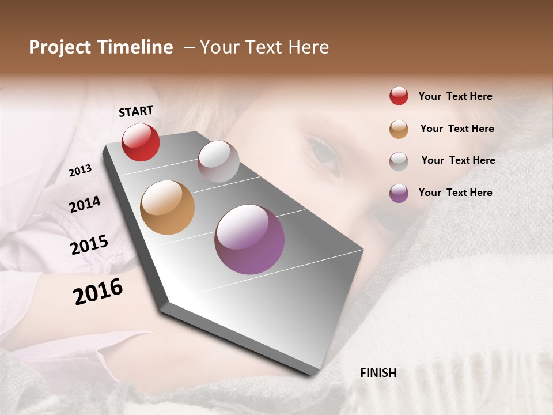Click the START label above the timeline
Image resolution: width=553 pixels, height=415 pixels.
pyautogui.click(x=136, y=111)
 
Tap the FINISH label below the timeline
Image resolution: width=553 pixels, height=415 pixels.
pyautogui.click(x=378, y=373)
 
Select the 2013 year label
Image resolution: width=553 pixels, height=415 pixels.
pyautogui.click(x=80, y=170)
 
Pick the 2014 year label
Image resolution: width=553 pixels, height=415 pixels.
pyautogui.click(x=85, y=204)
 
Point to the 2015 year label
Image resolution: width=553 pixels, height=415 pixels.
pyautogui.click(x=89, y=244)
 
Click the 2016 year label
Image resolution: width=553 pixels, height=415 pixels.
pyautogui.click(x=98, y=291)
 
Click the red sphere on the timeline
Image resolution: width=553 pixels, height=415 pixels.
pyautogui.click(x=141, y=142)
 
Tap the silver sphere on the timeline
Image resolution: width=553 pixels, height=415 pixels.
pyautogui.click(x=218, y=161)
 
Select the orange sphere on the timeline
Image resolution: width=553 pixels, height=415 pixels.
pyautogui.click(x=168, y=207)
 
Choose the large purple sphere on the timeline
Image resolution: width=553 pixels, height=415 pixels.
pyautogui.click(x=249, y=239)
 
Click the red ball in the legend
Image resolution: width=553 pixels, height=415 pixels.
pyautogui.click(x=399, y=96)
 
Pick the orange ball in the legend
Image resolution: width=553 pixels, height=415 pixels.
pyautogui.click(x=399, y=129)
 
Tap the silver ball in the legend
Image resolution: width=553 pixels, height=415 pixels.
pyautogui.click(x=399, y=161)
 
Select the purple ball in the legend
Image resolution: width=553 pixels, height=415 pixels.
pyautogui.click(x=399, y=193)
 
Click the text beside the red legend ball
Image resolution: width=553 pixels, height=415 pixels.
pyautogui.click(x=455, y=96)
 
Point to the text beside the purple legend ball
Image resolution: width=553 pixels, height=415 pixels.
pyautogui.click(x=455, y=193)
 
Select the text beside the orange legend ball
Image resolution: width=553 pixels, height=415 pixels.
pyautogui.click(x=457, y=129)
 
